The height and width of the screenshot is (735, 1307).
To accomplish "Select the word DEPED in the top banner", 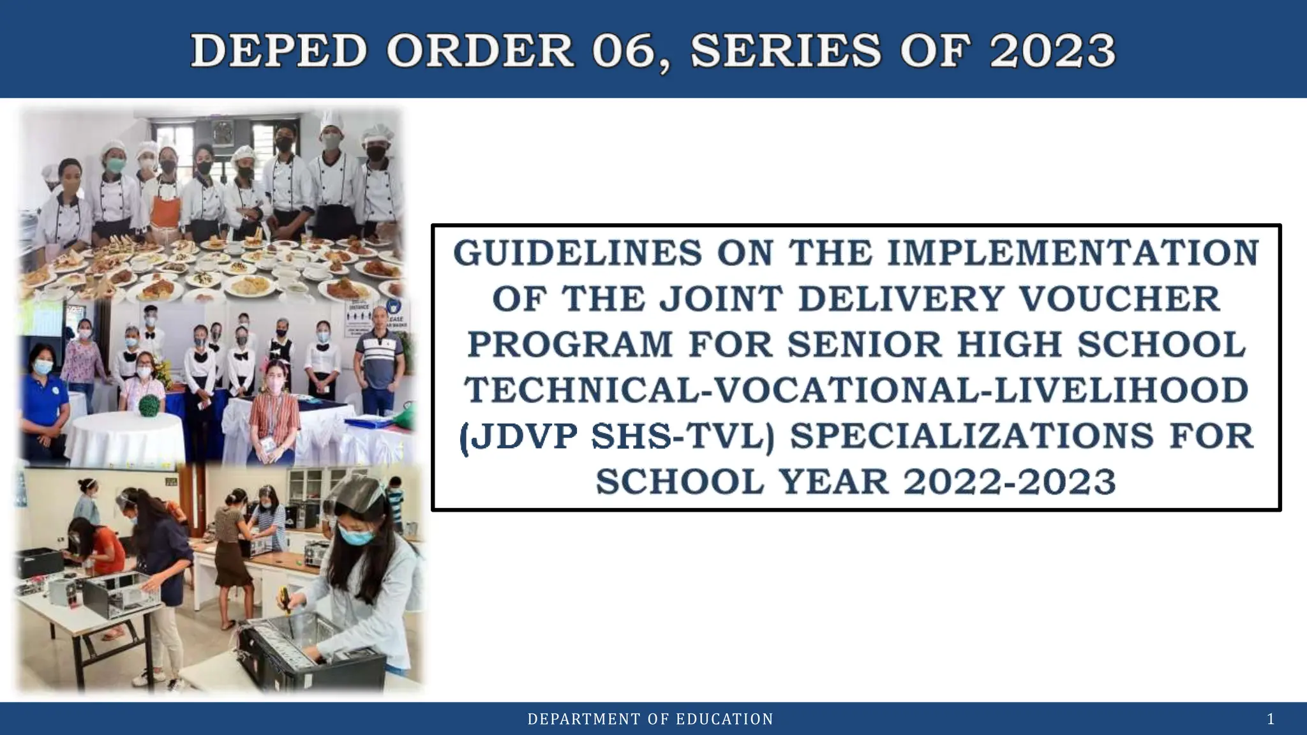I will pos(279,51).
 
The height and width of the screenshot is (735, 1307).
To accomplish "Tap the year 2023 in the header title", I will pos(1052,51).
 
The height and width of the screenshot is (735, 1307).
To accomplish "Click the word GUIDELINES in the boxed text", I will pos(578,253).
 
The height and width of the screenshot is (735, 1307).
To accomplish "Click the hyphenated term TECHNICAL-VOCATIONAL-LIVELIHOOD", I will pos(856,390).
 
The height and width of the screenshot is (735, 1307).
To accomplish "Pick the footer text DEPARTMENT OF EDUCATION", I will pos(650,720).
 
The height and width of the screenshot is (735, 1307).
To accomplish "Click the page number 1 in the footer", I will pos(1271,720).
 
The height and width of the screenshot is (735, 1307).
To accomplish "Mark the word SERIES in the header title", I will pos(785,51).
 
